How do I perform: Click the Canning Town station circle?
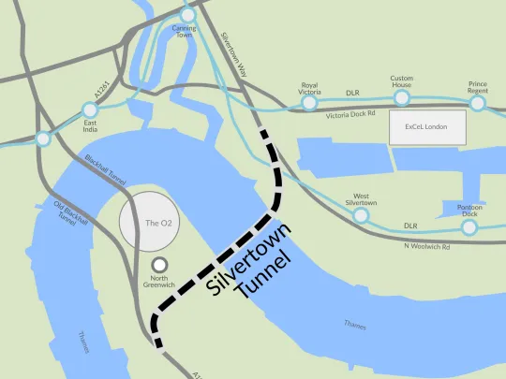tap(187, 14)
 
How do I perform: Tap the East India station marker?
tap(90, 110)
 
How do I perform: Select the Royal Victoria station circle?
tap(309, 102)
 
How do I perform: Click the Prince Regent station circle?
tap(478, 103)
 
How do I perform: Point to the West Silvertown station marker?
tap(361, 215)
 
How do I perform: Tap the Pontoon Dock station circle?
tap(469, 226)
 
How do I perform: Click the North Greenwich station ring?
tap(160, 266)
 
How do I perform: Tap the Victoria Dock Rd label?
tap(350, 116)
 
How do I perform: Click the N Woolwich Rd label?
tap(425, 246)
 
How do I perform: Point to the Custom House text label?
tap(402, 80)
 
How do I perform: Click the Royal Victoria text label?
tap(309, 87)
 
